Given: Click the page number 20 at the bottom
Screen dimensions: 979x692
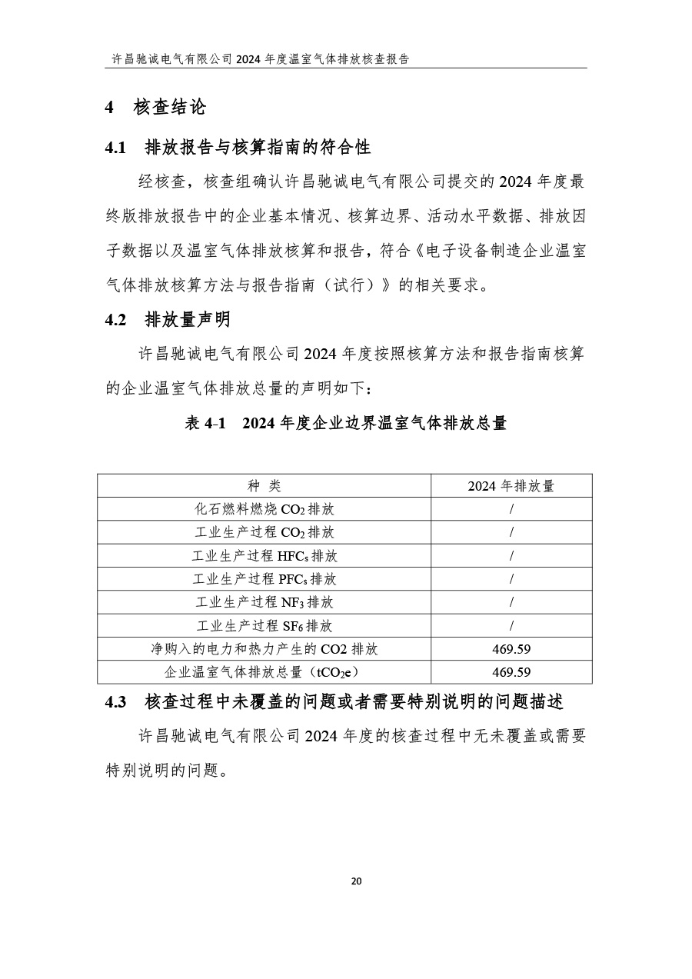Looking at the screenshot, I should pos(355,881).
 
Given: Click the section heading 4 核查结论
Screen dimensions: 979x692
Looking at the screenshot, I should pos(155,108).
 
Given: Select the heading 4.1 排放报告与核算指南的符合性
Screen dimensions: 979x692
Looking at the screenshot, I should pos(238,147).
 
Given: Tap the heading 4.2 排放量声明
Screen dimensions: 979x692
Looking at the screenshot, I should pos(168,320).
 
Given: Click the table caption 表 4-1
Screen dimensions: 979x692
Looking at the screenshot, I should pos(345,423).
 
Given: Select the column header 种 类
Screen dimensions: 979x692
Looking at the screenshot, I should pos(264,486).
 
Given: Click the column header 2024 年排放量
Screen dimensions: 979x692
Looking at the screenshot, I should pos(511,486).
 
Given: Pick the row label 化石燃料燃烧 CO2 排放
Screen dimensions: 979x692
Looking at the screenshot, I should pos(264,509).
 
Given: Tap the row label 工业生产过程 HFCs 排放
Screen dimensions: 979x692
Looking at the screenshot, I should pos(264,556).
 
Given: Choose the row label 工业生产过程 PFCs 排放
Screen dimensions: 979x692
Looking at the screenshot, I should pos(264,579).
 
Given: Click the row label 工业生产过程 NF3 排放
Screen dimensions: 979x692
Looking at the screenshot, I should pos(264,602).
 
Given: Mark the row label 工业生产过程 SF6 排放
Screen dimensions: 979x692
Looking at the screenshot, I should pos(264,626).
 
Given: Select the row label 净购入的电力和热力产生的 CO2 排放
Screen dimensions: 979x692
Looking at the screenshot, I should pos(264,649).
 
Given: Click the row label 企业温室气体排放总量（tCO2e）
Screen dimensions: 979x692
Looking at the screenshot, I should pos(264,672).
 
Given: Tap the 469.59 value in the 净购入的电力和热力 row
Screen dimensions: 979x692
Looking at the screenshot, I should pos(511,649).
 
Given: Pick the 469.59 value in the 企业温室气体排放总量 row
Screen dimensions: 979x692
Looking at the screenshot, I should pos(511,672).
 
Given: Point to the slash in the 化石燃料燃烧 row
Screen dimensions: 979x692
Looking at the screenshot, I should pos(511,509).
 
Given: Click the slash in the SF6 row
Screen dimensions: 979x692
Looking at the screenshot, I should pos(511,626).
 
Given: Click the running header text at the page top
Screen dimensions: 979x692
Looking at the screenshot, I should pos(261,58).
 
